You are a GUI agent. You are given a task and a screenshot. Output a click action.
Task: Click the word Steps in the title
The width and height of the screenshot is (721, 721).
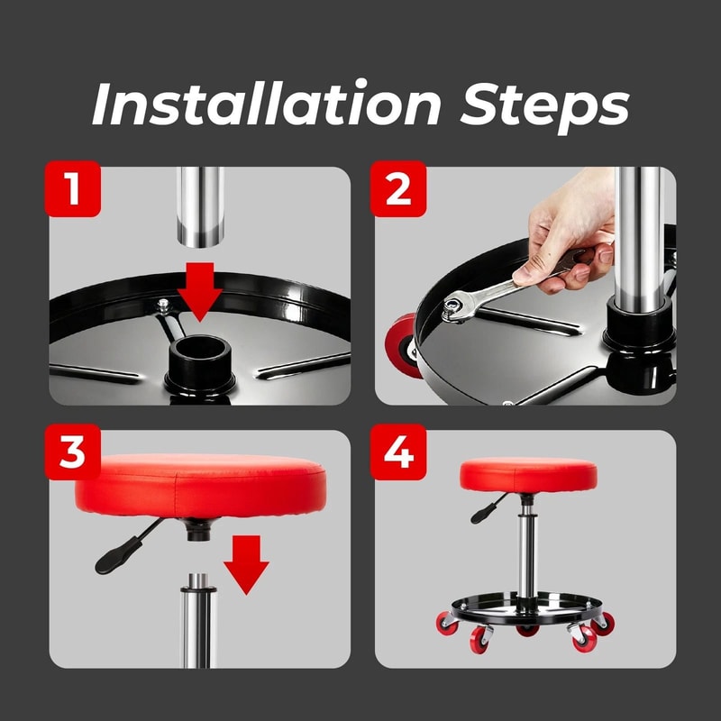pyautogui.click(x=545, y=105)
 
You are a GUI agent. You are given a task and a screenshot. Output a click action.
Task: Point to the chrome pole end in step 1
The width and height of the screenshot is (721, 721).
pyautogui.click(x=200, y=216)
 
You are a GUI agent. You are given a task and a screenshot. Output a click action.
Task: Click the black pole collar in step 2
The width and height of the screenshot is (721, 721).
pyautogui.click(x=637, y=324)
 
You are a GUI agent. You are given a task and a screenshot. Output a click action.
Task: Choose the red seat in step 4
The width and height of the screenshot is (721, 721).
pyautogui.click(x=528, y=474)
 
